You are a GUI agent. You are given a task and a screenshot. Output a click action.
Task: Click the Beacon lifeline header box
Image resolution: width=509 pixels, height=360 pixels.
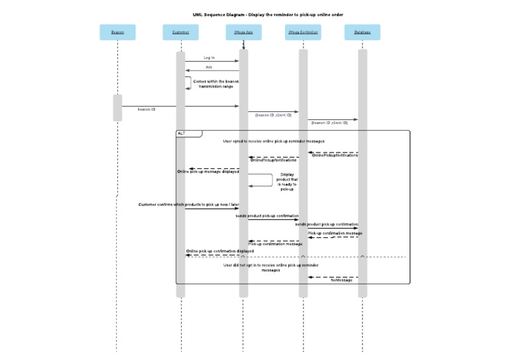[x=117, y=32]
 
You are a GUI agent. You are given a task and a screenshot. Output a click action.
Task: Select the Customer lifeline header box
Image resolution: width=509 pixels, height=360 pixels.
[x=180, y=32]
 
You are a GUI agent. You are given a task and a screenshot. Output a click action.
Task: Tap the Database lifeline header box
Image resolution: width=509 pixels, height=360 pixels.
[x=363, y=32]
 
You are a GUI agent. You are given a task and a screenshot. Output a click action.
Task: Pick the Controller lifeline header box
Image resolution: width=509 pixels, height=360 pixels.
[x=303, y=32]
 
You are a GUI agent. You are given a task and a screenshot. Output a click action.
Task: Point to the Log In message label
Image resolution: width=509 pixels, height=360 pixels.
[x=209, y=58]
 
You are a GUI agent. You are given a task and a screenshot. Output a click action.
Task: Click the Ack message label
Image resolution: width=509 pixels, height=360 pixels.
[x=209, y=67]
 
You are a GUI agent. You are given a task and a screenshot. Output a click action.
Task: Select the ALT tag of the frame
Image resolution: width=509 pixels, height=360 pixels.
[x=182, y=133]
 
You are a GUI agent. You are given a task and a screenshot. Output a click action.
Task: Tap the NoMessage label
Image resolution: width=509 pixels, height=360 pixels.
[x=341, y=280]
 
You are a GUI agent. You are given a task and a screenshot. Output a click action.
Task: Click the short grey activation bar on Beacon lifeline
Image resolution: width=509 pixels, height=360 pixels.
[x=117, y=107]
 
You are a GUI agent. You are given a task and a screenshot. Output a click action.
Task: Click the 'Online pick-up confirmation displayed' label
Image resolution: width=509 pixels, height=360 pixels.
[x=220, y=251]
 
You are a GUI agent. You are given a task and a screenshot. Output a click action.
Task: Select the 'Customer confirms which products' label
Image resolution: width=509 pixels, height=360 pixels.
[x=184, y=204]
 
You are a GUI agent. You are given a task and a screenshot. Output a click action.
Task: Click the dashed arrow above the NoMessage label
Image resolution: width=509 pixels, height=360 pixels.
[x=333, y=276]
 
